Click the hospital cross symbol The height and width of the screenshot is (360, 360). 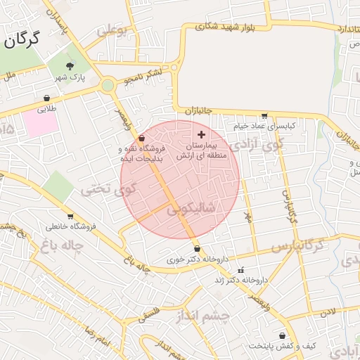(202, 134)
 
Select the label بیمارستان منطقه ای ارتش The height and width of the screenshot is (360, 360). (207, 150)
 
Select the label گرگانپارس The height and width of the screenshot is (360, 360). (296, 247)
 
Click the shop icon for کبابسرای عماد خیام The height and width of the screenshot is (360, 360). (264, 116)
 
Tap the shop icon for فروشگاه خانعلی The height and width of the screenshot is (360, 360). (70, 217)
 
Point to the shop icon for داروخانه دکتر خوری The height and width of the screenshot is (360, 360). (197, 249)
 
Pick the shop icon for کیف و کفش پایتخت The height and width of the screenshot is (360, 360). (283, 336)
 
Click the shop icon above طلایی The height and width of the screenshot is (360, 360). (46, 98)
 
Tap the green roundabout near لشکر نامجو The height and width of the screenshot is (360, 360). (108, 86)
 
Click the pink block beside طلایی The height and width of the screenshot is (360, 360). (41, 124)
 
